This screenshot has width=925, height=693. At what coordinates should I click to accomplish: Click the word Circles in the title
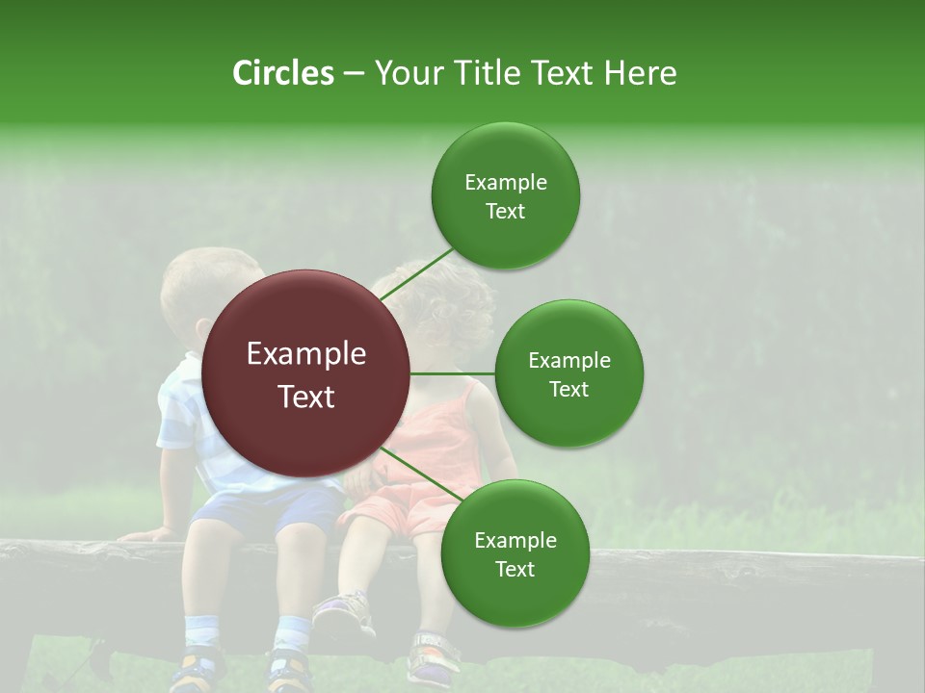click(282, 73)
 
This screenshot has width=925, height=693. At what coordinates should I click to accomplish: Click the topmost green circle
click(505, 196)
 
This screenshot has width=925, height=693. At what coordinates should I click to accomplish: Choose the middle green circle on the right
click(568, 374)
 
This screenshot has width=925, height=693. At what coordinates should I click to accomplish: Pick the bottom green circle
click(515, 554)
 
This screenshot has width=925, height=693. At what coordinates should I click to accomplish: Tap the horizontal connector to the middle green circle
click(453, 373)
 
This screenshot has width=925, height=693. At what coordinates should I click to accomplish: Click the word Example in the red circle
click(306, 354)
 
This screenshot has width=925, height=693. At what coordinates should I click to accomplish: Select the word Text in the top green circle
click(505, 212)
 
